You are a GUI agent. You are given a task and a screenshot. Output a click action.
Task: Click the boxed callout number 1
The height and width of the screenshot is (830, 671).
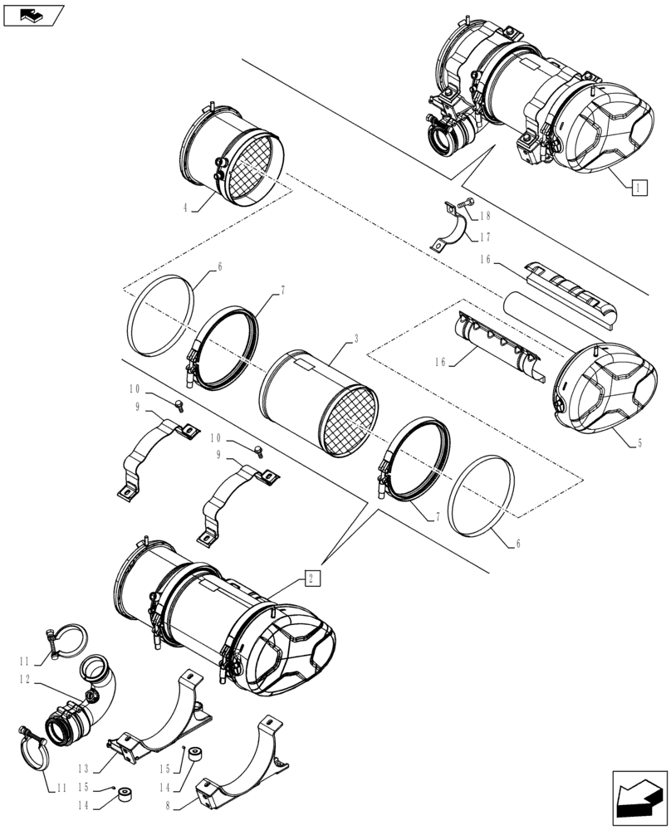[x=636, y=187]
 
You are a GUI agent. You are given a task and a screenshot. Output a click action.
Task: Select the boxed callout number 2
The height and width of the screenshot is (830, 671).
[x=311, y=579]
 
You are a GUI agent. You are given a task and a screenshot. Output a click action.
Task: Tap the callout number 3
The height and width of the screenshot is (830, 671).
[x=355, y=339]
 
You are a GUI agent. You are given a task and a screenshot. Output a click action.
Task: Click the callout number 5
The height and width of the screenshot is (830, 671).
[x=639, y=443]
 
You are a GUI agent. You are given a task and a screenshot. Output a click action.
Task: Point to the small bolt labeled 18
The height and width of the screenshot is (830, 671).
[x=468, y=203]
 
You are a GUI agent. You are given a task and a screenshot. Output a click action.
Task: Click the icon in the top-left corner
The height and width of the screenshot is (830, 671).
[x=32, y=14]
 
